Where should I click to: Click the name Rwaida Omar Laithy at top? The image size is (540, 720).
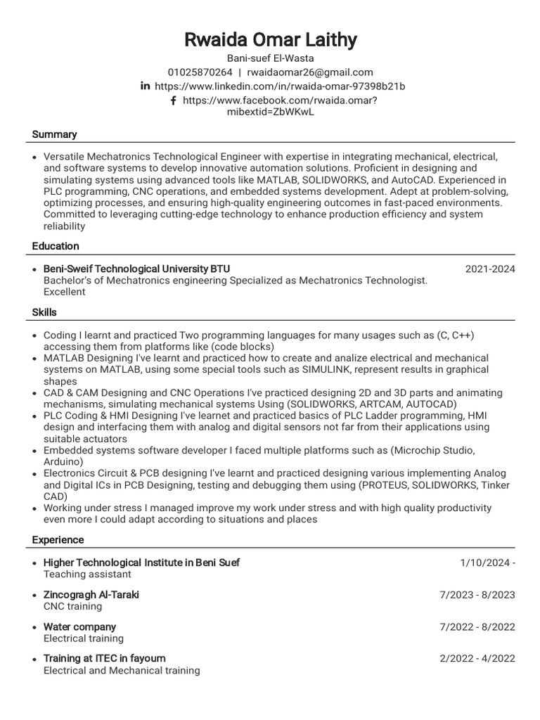pyautogui.click(x=270, y=40)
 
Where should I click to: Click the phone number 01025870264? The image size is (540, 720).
pyautogui.click(x=200, y=72)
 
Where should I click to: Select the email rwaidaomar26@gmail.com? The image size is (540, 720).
pyautogui.click(x=310, y=72)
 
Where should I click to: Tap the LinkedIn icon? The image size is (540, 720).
pyautogui.click(x=146, y=86)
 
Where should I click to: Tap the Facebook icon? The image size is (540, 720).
pyautogui.click(x=173, y=100)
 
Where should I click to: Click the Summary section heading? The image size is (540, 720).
pyautogui.click(x=54, y=134)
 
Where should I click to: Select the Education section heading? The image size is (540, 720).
pyautogui.click(x=56, y=246)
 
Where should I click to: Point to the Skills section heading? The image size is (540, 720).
pyautogui.click(x=44, y=312)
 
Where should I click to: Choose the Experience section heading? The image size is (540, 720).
pyautogui.click(x=58, y=540)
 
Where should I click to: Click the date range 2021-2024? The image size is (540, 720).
pyautogui.click(x=490, y=269)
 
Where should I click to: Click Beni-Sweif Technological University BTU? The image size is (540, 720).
pyautogui.click(x=136, y=269)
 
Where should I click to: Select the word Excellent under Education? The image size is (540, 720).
pyautogui.click(x=64, y=292)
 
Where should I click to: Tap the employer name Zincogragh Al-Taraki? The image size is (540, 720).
pyautogui.click(x=91, y=595)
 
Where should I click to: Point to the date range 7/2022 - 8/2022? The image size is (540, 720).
pyautogui.click(x=477, y=626)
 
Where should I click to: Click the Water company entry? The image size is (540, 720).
pyautogui.click(x=79, y=626)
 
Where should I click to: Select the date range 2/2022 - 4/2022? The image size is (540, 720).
pyautogui.click(x=477, y=659)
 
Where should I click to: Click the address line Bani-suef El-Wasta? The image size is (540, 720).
pyautogui.click(x=270, y=58)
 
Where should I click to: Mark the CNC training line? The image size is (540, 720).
pyautogui.click(x=72, y=606)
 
